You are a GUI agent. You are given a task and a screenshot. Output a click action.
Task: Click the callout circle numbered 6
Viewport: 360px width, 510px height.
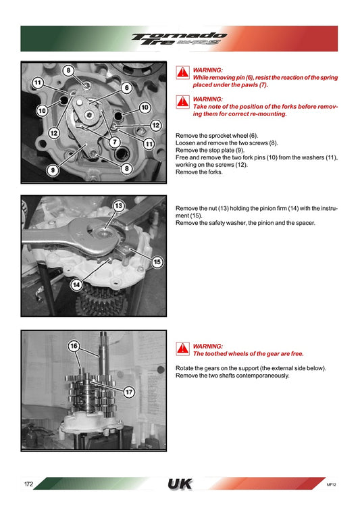[x=127, y=88]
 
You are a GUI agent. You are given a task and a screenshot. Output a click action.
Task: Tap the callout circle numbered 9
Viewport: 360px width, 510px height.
[x=53, y=170]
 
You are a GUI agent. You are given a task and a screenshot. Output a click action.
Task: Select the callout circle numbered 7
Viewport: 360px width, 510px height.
[x=114, y=142]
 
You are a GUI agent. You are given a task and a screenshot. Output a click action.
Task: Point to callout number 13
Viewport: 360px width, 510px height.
[x=118, y=205]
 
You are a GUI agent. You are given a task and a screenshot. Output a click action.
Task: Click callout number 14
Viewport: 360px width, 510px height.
[x=76, y=285]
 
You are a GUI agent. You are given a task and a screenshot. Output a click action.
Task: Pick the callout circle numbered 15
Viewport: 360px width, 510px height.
[x=157, y=262]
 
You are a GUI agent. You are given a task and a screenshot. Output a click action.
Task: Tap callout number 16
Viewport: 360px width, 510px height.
[x=74, y=346]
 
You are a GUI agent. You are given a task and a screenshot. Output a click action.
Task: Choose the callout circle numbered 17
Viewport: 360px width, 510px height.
[x=129, y=392]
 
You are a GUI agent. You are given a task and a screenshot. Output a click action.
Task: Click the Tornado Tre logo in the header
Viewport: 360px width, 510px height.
[x=179, y=39]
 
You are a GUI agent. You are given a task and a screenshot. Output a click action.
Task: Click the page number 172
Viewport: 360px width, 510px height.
[x=28, y=484]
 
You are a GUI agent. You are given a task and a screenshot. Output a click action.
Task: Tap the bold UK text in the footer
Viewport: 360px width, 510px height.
[x=180, y=484]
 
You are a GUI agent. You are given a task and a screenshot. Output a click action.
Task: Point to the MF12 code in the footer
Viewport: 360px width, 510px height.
[x=331, y=484]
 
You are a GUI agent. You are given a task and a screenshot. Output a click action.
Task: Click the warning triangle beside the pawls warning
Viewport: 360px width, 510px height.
[x=183, y=73]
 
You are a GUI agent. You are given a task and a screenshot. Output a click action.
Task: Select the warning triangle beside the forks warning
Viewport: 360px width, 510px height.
[x=183, y=102]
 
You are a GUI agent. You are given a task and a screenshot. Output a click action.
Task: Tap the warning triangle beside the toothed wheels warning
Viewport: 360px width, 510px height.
[x=183, y=349]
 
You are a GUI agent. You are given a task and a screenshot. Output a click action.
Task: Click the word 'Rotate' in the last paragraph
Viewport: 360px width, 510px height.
[x=184, y=368]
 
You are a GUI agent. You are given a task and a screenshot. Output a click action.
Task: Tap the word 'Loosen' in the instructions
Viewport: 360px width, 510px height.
[x=185, y=143]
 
